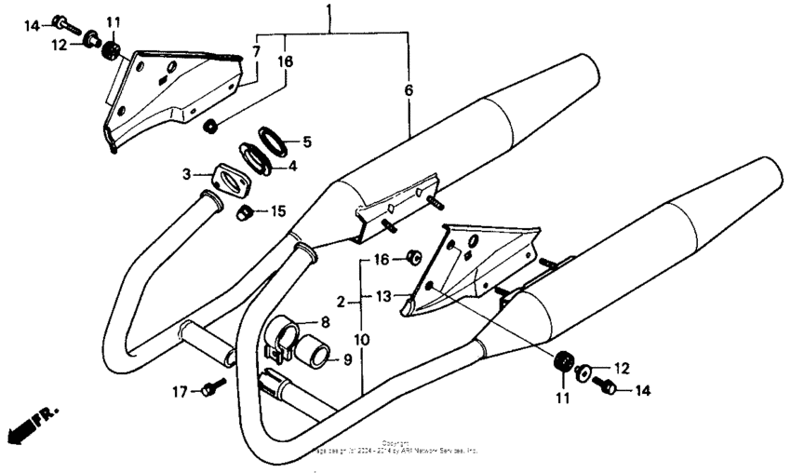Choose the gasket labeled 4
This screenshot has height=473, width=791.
pos(253,157)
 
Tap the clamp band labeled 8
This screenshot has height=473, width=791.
pos(283,333)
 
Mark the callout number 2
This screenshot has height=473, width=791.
pos(341,302)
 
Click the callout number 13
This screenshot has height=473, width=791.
pos(384,296)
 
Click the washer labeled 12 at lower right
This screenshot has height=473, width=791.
pos(583,372)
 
